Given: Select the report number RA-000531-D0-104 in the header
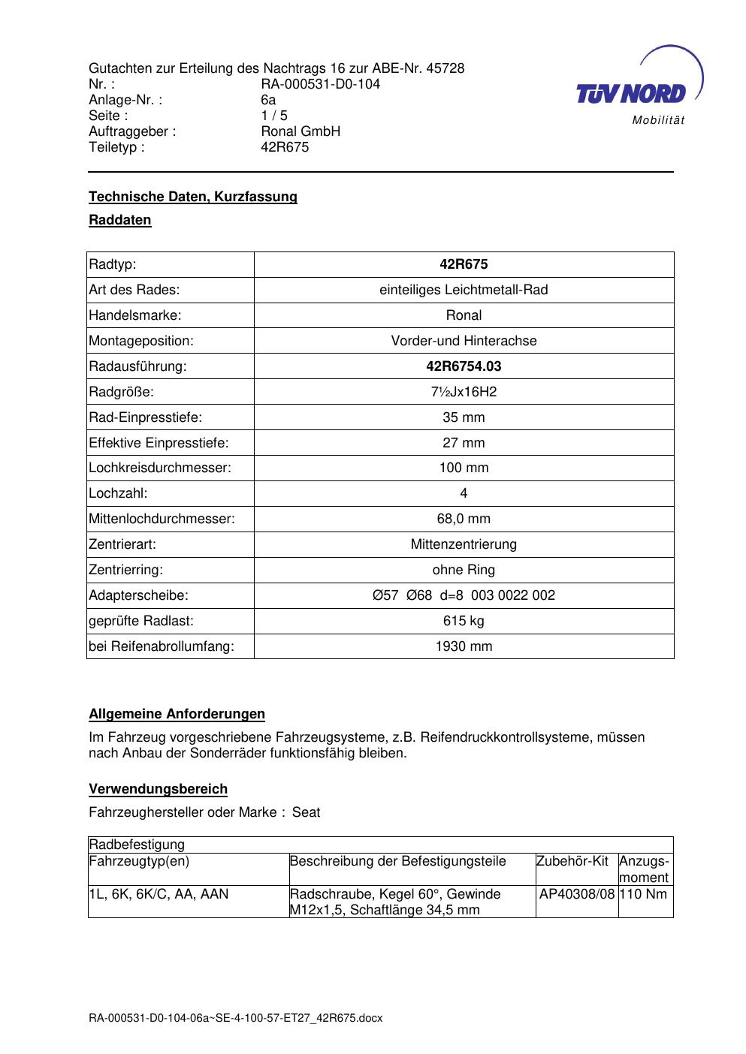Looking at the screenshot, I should [x=320, y=84].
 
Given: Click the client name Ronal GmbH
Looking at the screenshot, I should [x=301, y=131].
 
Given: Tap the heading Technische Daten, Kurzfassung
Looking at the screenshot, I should [x=193, y=197].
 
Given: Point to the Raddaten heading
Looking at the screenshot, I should [x=120, y=220].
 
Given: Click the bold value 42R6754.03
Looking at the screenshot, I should [x=464, y=366].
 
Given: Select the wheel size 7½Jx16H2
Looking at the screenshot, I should [x=464, y=392].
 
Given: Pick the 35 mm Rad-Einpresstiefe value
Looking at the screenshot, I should [x=464, y=417].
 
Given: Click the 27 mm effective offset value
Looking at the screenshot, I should [x=464, y=443].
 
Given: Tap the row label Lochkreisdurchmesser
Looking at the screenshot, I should [x=160, y=468].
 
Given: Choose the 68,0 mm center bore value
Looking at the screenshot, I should [x=464, y=519].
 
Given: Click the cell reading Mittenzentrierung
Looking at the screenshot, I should [x=464, y=544].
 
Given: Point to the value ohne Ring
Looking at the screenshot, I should [x=464, y=570].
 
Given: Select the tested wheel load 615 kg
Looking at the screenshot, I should [x=464, y=621].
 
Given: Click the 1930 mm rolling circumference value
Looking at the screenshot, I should [x=464, y=646].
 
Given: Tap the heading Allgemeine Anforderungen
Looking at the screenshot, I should [x=177, y=714].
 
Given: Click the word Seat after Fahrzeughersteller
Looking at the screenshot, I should [x=307, y=812].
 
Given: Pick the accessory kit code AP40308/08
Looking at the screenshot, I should [x=577, y=894].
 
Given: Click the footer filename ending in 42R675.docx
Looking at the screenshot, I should [x=236, y=1018].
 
